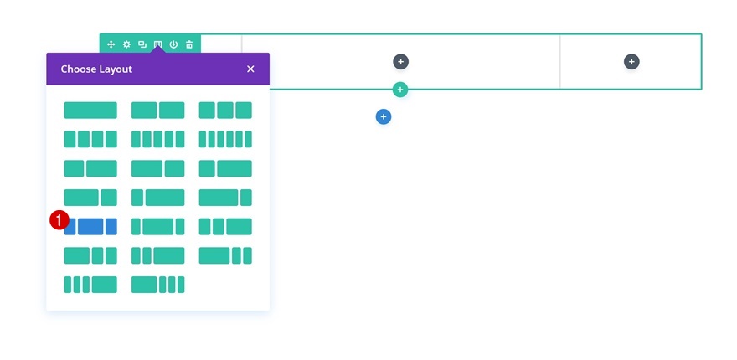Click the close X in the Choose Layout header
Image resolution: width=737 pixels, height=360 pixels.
(250, 69)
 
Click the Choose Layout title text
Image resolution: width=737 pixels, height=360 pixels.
(96, 69)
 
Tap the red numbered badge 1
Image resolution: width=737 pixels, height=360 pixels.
(59, 219)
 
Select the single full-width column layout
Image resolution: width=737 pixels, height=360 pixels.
(90, 111)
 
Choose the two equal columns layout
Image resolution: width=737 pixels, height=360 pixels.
(157, 111)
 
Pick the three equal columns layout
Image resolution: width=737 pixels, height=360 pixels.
(225, 111)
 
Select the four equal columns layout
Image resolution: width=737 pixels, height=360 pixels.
(90, 139)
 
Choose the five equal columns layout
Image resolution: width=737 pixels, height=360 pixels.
(157, 139)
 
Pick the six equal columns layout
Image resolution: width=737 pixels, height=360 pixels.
(225, 139)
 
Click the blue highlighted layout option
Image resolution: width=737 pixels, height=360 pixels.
(90, 226)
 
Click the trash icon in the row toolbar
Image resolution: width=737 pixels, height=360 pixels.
(189, 44)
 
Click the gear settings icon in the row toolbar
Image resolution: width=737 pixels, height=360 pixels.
(126, 44)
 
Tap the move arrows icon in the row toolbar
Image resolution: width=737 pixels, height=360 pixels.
(111, 44)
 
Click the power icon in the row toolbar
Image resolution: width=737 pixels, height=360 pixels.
(173, 44)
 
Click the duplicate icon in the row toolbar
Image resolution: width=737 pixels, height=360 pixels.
(142, 44)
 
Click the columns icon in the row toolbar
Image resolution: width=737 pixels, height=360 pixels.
(157, 44)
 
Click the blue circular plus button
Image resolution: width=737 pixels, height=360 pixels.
(384, 117)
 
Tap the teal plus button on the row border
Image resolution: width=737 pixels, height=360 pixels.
(400, 90)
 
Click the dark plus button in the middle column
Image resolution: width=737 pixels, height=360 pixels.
(401, 61)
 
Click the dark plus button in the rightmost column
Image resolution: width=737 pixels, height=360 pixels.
(631, 61)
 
